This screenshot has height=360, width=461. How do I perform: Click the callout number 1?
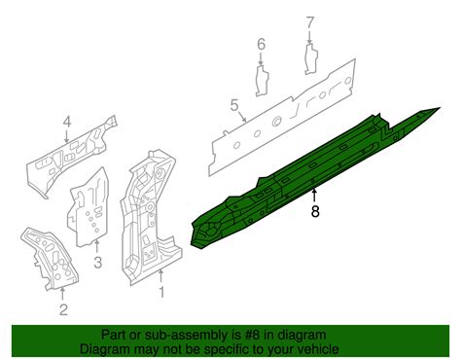161,292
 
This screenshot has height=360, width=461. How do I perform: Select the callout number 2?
63,309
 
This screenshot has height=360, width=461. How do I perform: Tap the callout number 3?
97,262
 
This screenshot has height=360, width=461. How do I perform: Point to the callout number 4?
66,123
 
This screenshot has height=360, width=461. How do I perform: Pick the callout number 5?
234,105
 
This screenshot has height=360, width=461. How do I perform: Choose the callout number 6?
261,44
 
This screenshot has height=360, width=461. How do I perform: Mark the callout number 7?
310,22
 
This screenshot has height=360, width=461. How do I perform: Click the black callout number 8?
315,211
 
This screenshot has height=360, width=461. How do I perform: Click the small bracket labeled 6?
262,81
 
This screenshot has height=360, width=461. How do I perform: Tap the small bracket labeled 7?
311,59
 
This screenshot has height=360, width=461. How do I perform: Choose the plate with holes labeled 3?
89,207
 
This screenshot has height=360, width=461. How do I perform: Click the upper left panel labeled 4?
70,156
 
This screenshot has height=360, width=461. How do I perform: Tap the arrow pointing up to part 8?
314,197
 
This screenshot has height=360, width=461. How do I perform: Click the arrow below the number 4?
66,136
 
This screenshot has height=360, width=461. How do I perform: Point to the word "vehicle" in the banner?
319,349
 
